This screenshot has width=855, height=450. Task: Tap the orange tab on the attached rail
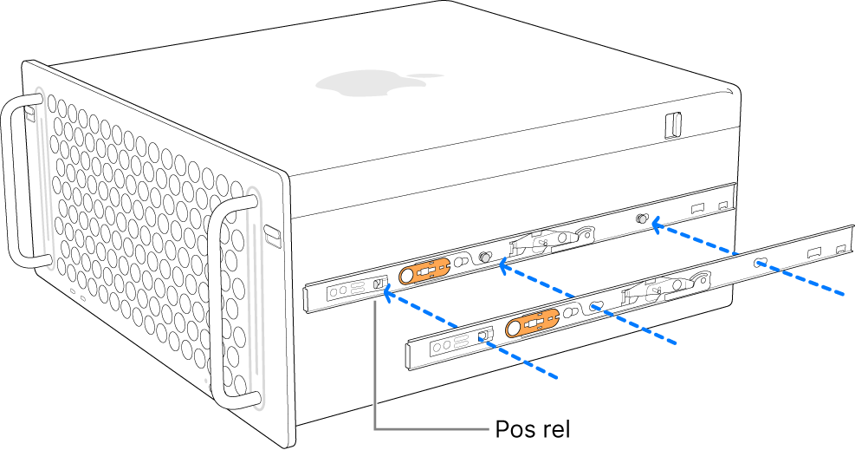pyautogui.click(x=424, y=272)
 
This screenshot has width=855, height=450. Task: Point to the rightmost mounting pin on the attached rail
pyautogui.click(x=643, y=220)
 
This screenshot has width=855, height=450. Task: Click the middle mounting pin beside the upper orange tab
pyautogui.click(x=485, y=258)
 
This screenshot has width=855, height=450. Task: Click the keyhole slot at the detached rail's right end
pyautogui.click(x=761, y=262)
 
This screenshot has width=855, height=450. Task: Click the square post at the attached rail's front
pyautogui.click(x=378, y=284)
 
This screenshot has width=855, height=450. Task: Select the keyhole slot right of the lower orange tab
pyautogui.click(x=596, y=305)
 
